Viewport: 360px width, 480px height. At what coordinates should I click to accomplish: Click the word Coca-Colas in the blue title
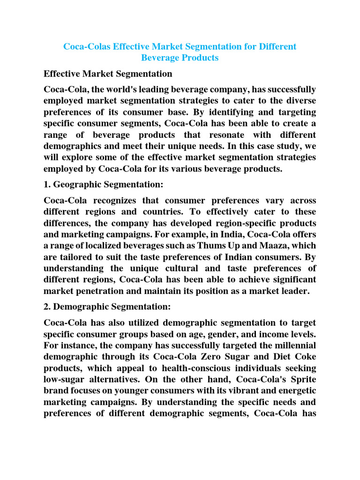tap(87, 47)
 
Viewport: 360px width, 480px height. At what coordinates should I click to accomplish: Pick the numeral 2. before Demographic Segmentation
tap(47, 307)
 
